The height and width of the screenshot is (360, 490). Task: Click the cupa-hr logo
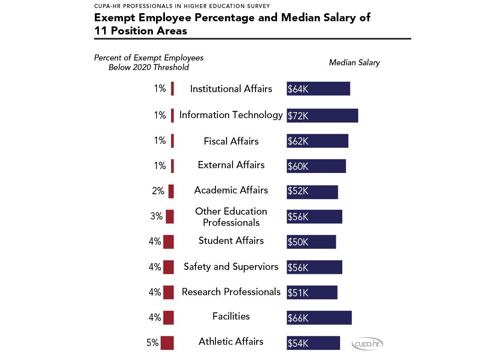click(x=367, y=344)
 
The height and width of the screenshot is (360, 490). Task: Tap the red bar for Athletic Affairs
click(x=167, y=343)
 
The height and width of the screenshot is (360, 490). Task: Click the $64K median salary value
click(x=298, y=89)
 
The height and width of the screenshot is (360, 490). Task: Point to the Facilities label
click(x=231, y=316)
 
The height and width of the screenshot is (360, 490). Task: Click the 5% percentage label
click(x=153, y=343)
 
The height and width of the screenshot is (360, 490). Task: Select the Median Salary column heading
click(x=354, y=62)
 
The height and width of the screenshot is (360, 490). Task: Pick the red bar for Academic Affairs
click(x=171, y=191)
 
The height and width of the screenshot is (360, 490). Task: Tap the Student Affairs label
click(x=231, y=241)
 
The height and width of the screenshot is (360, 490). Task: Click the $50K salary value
click(x=298, y=242)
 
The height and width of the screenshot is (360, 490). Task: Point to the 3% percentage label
click(x=157, y=216)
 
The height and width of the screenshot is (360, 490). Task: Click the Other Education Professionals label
click(x=231, y=217)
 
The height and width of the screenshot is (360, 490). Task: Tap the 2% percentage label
click(x=158, y=191)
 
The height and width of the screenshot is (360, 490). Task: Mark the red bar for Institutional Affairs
click(x=173, y=88)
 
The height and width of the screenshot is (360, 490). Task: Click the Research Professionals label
click(x=231, y=292)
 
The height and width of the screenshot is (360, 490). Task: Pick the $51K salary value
click(x=297, y=293)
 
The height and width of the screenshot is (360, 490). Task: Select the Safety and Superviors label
click(x=231, y=267)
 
